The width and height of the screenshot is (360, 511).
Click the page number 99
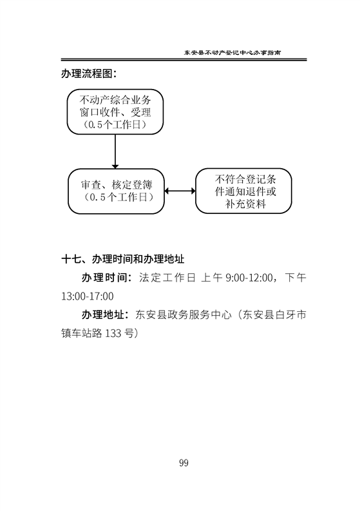tap(184, 463)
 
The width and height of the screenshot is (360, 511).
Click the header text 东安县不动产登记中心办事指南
tap(232, 52)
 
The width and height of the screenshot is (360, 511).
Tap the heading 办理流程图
tap(89, 73)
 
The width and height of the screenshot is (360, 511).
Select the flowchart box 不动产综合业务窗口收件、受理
tap(115, 111)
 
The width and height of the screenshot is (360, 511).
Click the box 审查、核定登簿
tap(116, 191)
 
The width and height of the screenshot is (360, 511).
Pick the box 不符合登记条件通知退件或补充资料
tap(243, 191)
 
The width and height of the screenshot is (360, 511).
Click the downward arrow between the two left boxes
tap(115, 151)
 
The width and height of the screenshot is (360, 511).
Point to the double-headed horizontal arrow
tap(180, 191)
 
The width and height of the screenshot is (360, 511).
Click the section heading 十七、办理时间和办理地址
tap(123, 259)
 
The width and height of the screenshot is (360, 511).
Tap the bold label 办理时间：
tap(107, 278)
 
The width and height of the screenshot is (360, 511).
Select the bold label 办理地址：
tap(106, 315)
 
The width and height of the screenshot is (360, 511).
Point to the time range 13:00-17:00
tap(88, 296)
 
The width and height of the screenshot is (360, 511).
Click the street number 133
tap(114, 333)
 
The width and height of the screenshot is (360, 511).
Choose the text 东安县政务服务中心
tap(184, 315)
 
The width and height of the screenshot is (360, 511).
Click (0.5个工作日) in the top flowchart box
tap(115, 125)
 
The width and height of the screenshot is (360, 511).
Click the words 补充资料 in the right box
tap(245, 204)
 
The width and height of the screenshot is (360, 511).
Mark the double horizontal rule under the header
tap(184, 60)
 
